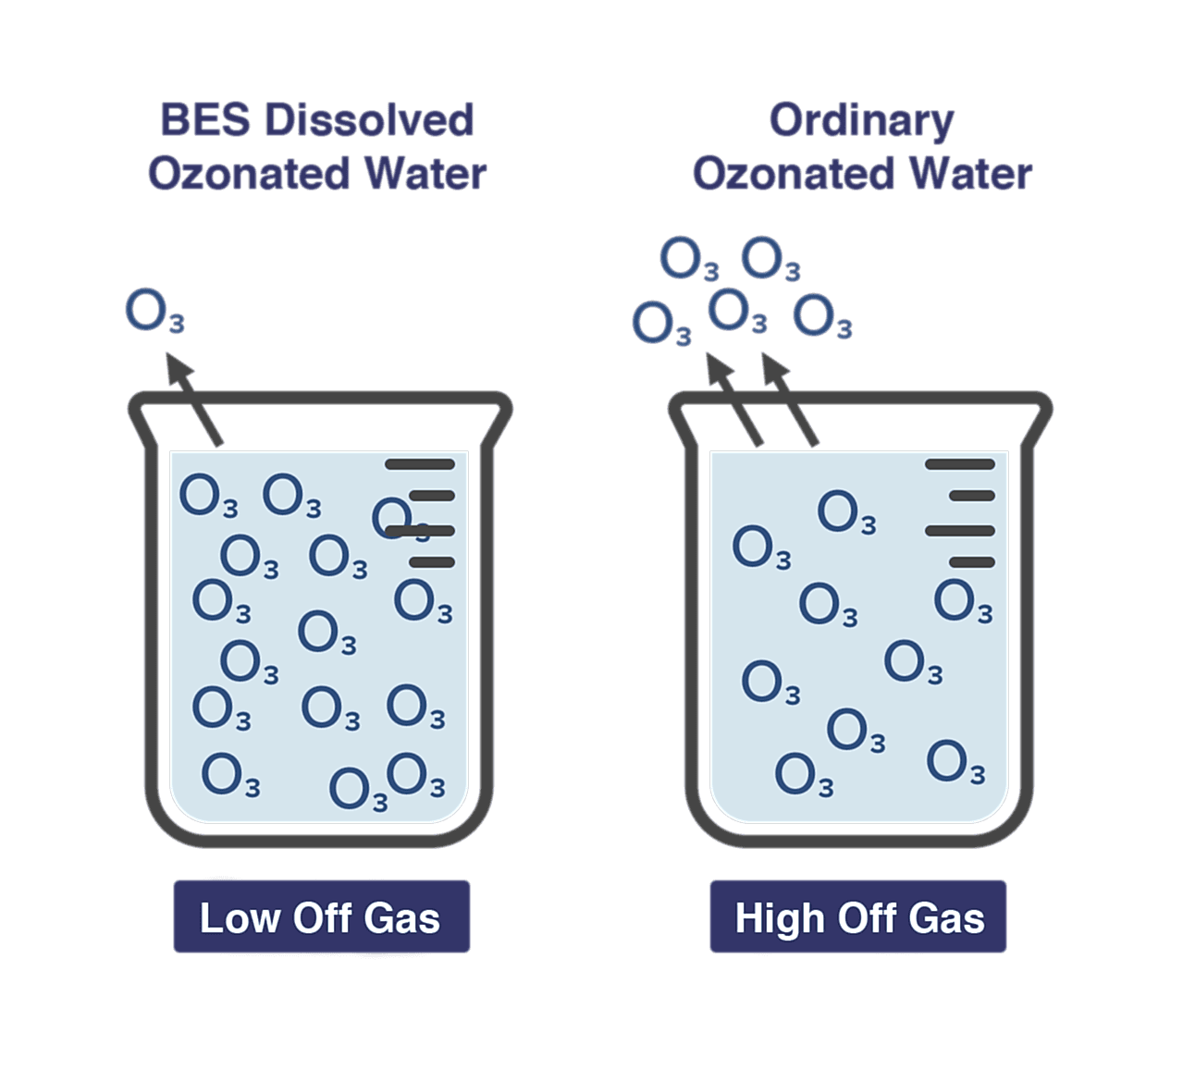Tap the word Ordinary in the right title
[861, 121]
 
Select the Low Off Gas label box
[321, 916]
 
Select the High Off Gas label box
[857, 916]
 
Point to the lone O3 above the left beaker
[154, 312]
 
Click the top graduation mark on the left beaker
[419, 464]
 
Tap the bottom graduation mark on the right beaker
[971, 562]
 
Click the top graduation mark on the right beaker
[959, 464]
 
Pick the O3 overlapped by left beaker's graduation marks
[398, 519]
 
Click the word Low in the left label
[239, 917]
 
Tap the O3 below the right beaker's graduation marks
[963, 602]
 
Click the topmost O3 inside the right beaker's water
[846, 512]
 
